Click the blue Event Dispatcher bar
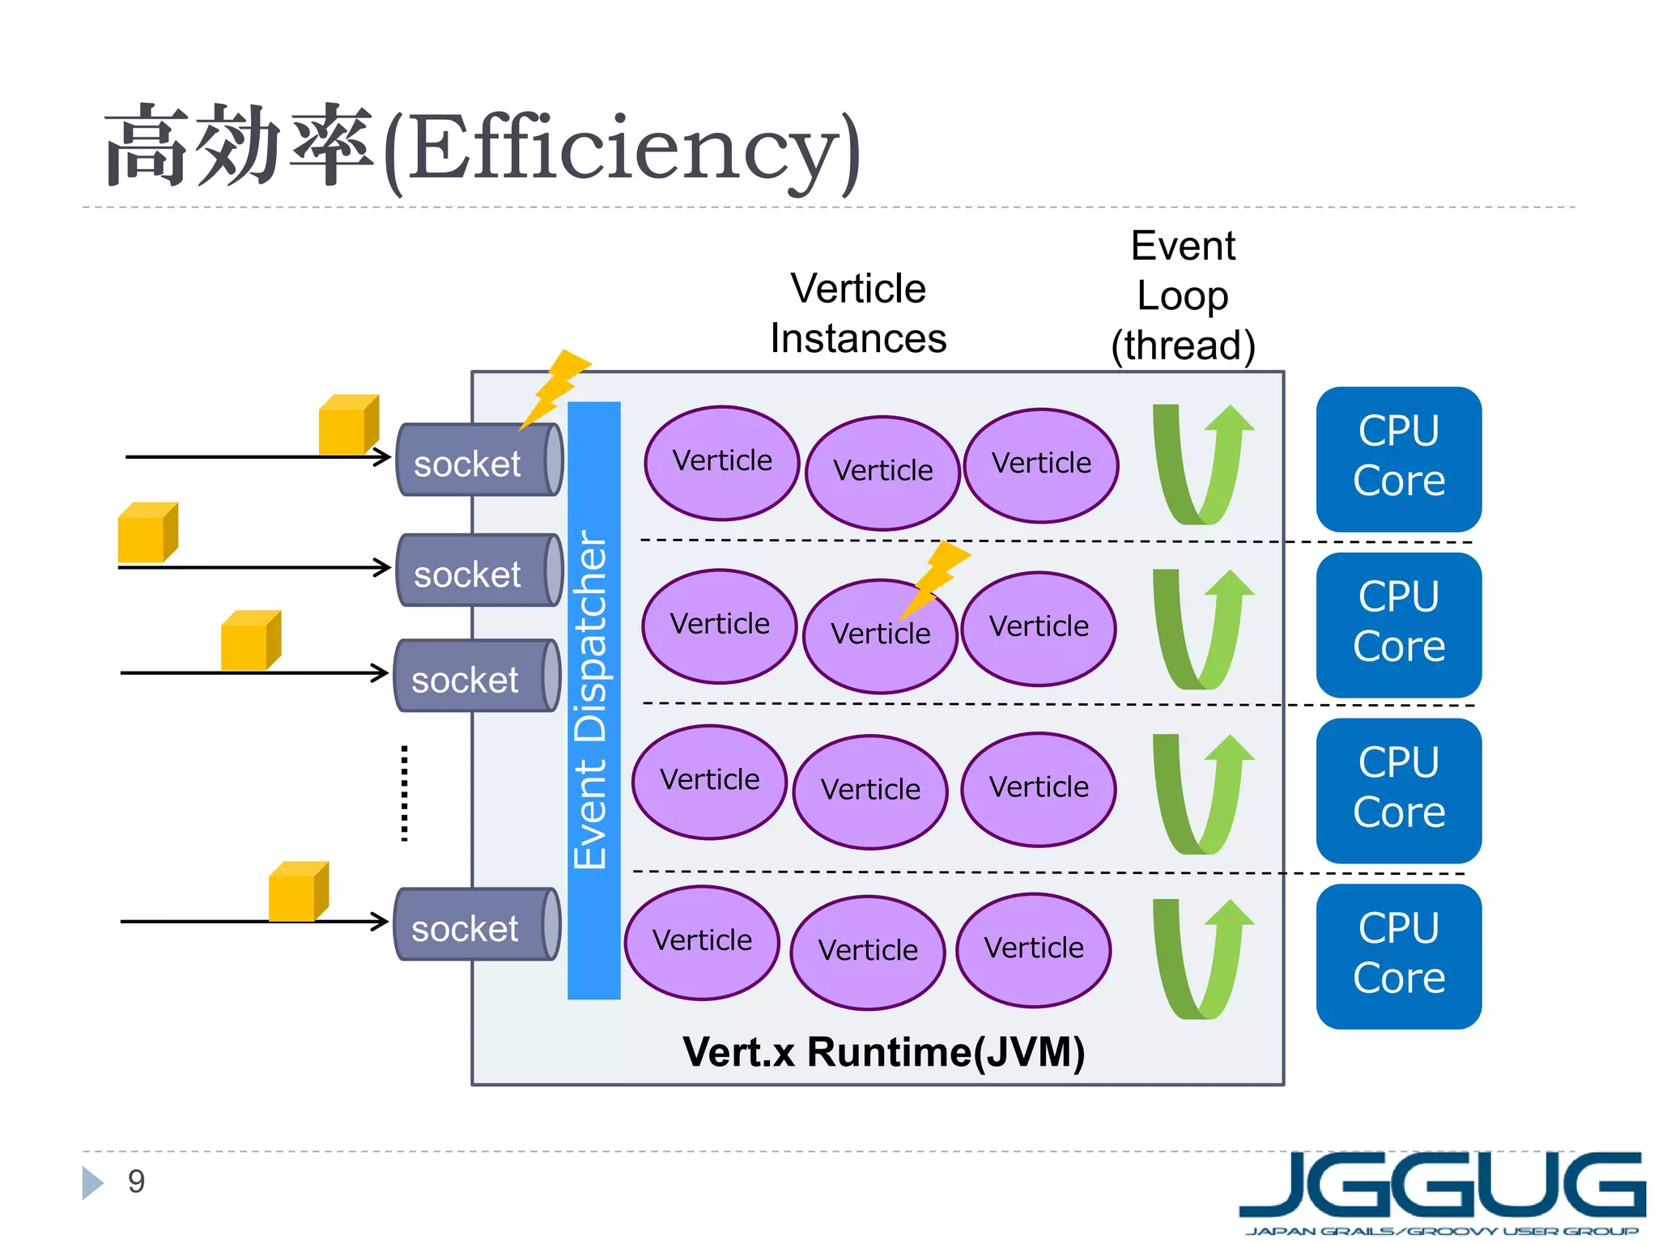593,700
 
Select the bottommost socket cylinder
477,925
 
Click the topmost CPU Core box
1398,459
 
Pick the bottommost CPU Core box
1398,956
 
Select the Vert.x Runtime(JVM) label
883,1052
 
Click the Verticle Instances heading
858,313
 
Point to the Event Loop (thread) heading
1183,295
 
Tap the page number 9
136,1181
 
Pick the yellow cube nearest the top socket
347,425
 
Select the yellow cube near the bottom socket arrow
297,892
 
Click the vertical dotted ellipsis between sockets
404,793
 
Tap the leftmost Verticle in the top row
721,462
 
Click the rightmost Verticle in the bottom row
1033,949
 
